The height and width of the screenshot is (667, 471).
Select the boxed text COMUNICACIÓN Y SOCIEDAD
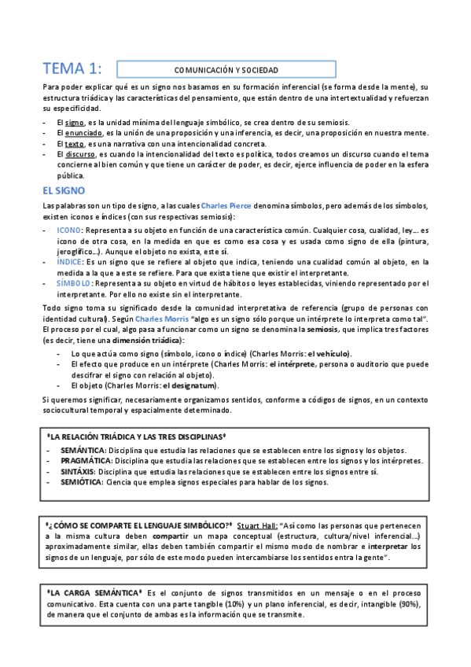pos(226,69)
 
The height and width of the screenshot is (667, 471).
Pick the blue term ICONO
pos(70,230)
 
